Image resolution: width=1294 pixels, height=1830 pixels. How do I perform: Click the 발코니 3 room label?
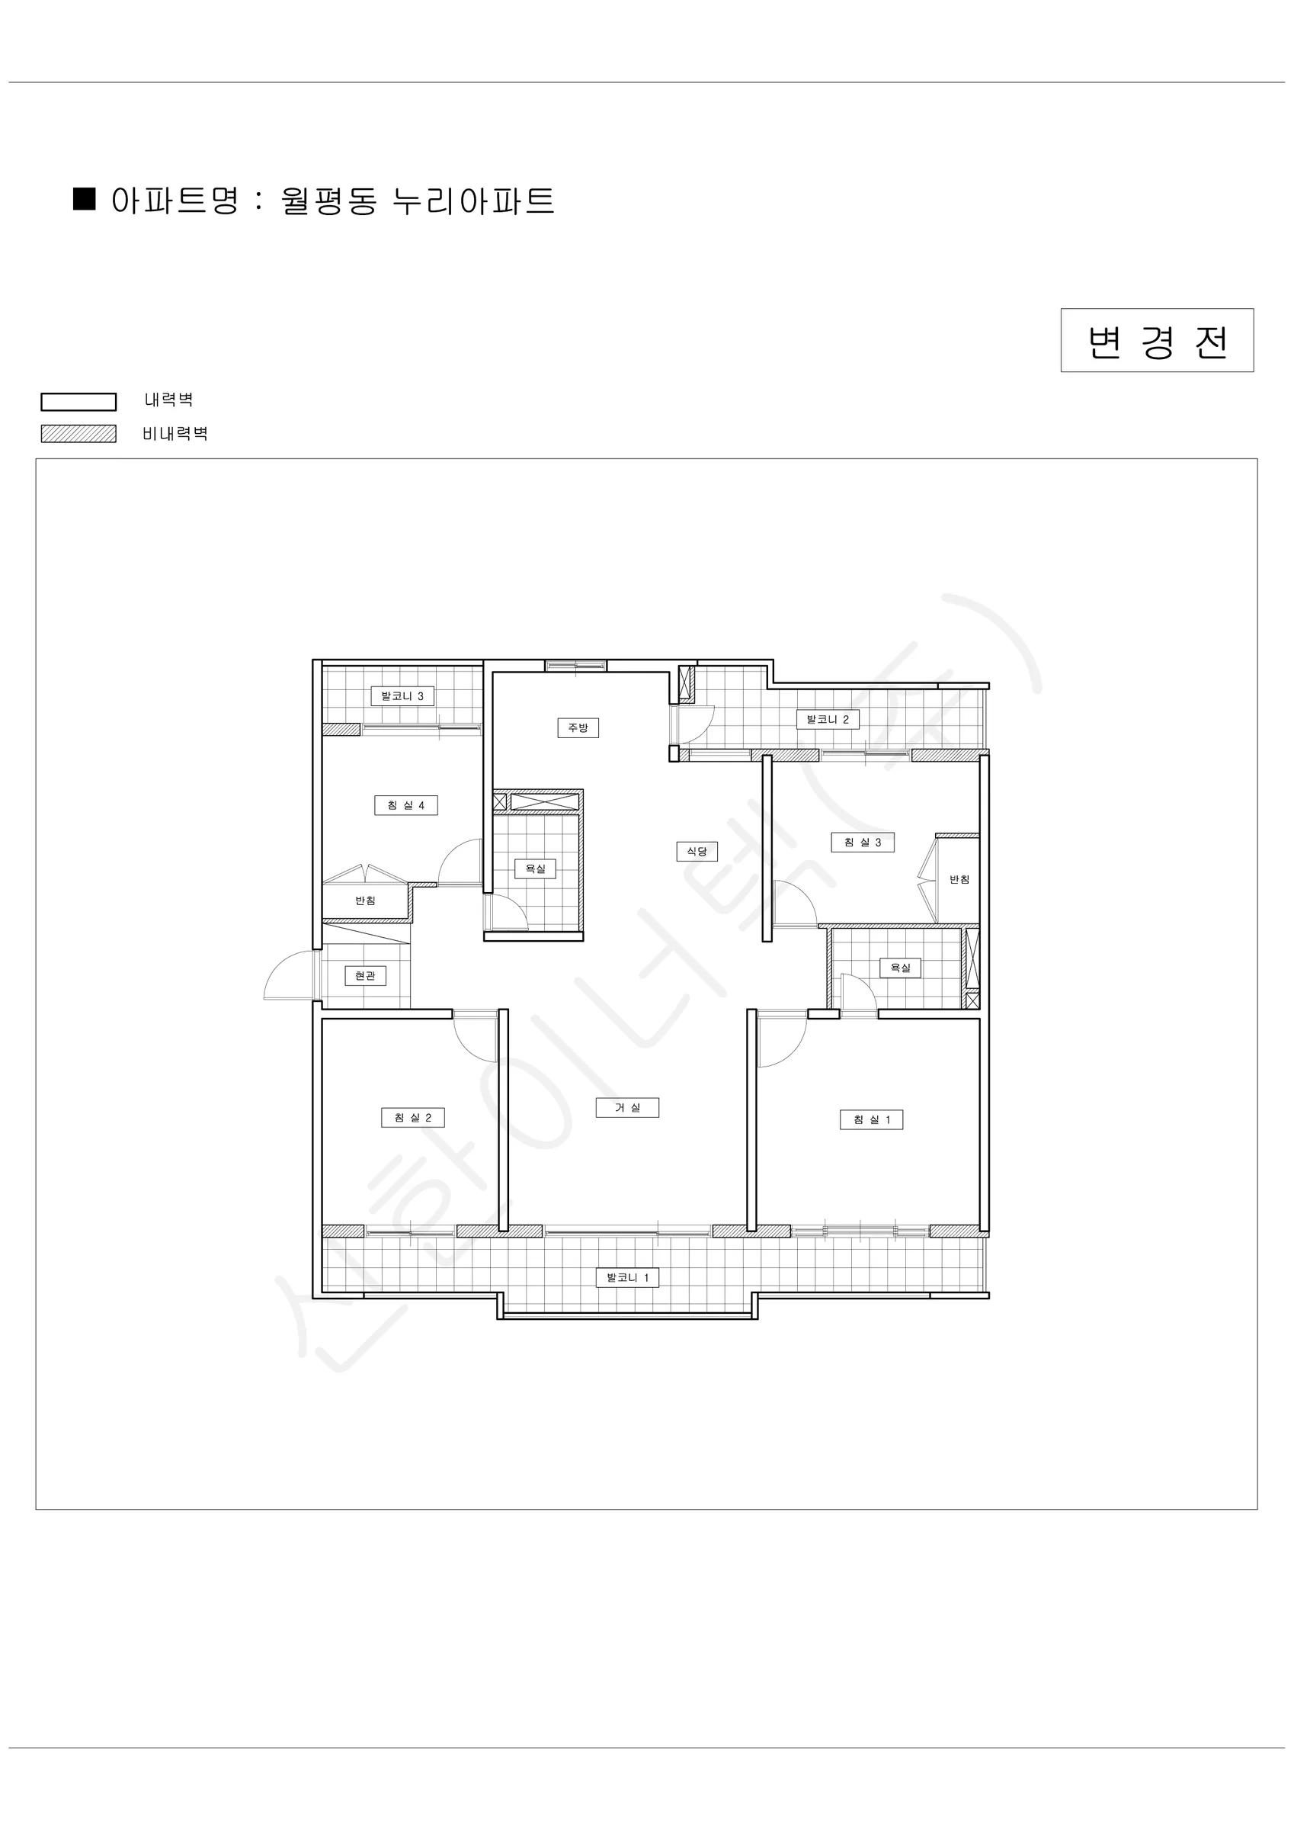click(x=402, y=696)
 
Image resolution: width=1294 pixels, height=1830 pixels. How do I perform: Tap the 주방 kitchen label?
click(x=578, y=727)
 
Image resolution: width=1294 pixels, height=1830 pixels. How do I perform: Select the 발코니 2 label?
click(x=828, y=720)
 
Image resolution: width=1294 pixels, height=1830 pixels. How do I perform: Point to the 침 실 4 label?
click(x=406, y=805)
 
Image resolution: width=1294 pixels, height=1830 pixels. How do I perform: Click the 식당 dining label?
click(x=697, y=851)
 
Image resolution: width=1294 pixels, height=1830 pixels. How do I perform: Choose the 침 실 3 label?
click(x=863, y=843)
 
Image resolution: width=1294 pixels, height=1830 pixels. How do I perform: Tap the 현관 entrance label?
click(x=365, y=975)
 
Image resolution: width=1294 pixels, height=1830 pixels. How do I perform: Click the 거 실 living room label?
click(x=627, y=1108)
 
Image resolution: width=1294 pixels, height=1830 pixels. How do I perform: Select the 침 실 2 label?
click(x=413, y=1119)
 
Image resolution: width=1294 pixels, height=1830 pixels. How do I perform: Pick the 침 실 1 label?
click(x=872, y=1120)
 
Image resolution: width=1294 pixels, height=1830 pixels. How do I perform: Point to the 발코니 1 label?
click(x=628, y=1278)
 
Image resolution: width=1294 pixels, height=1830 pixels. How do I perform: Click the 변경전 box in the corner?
click(x=1157, y=340)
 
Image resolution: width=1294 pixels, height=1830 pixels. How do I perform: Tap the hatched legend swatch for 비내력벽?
click(x=79, y=434)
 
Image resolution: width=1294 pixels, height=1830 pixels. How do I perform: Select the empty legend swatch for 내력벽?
click(x=79, y=402)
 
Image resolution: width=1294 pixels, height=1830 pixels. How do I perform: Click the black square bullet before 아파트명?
click(x=85, y=199)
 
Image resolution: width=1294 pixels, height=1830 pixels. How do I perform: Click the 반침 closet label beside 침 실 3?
click(x=959, y=880)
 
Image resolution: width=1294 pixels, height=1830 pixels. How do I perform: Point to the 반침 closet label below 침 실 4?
click(x=365, y=901)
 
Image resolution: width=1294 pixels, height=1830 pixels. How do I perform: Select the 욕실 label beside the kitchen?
click(x=536, y=868)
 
